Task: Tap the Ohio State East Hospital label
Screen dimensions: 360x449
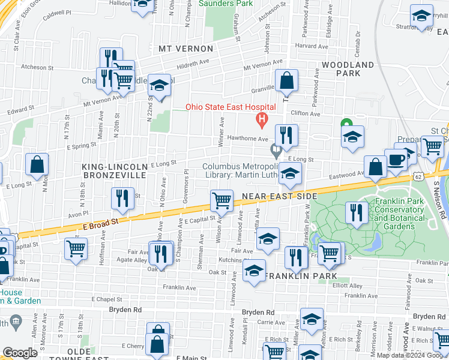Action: tap(230, 107)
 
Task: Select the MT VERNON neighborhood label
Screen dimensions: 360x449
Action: tap(185, 48)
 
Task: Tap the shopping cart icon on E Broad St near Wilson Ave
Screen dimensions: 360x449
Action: tap(221, 202)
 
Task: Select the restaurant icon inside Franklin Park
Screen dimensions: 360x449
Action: tap(357, 212)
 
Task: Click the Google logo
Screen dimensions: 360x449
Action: tap(20, 353)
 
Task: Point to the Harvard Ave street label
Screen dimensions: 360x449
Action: tap(311, 46)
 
